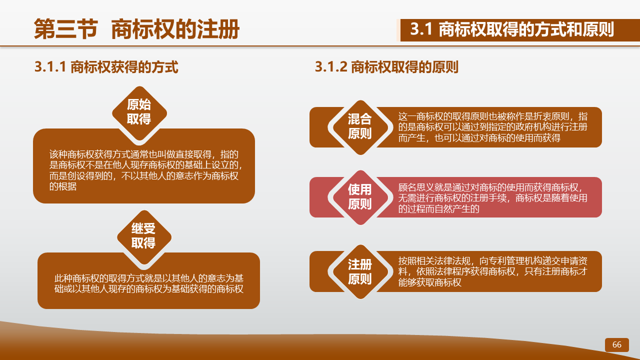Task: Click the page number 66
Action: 616,344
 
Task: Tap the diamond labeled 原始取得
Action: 139,113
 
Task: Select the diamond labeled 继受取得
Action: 144,237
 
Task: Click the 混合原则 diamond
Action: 360,127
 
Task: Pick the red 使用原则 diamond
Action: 360,197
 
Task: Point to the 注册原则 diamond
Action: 360,271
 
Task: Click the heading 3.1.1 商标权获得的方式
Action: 106,67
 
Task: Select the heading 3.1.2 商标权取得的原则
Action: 386,67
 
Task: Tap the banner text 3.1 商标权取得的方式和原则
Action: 512,29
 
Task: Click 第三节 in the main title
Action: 65,29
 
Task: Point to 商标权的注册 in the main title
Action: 175,29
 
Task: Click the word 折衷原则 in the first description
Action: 551,116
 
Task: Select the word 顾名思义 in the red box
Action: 416,187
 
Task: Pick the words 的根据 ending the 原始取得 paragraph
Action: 63,186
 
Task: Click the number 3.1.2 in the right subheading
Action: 331,67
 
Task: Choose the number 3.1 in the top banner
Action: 421,29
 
